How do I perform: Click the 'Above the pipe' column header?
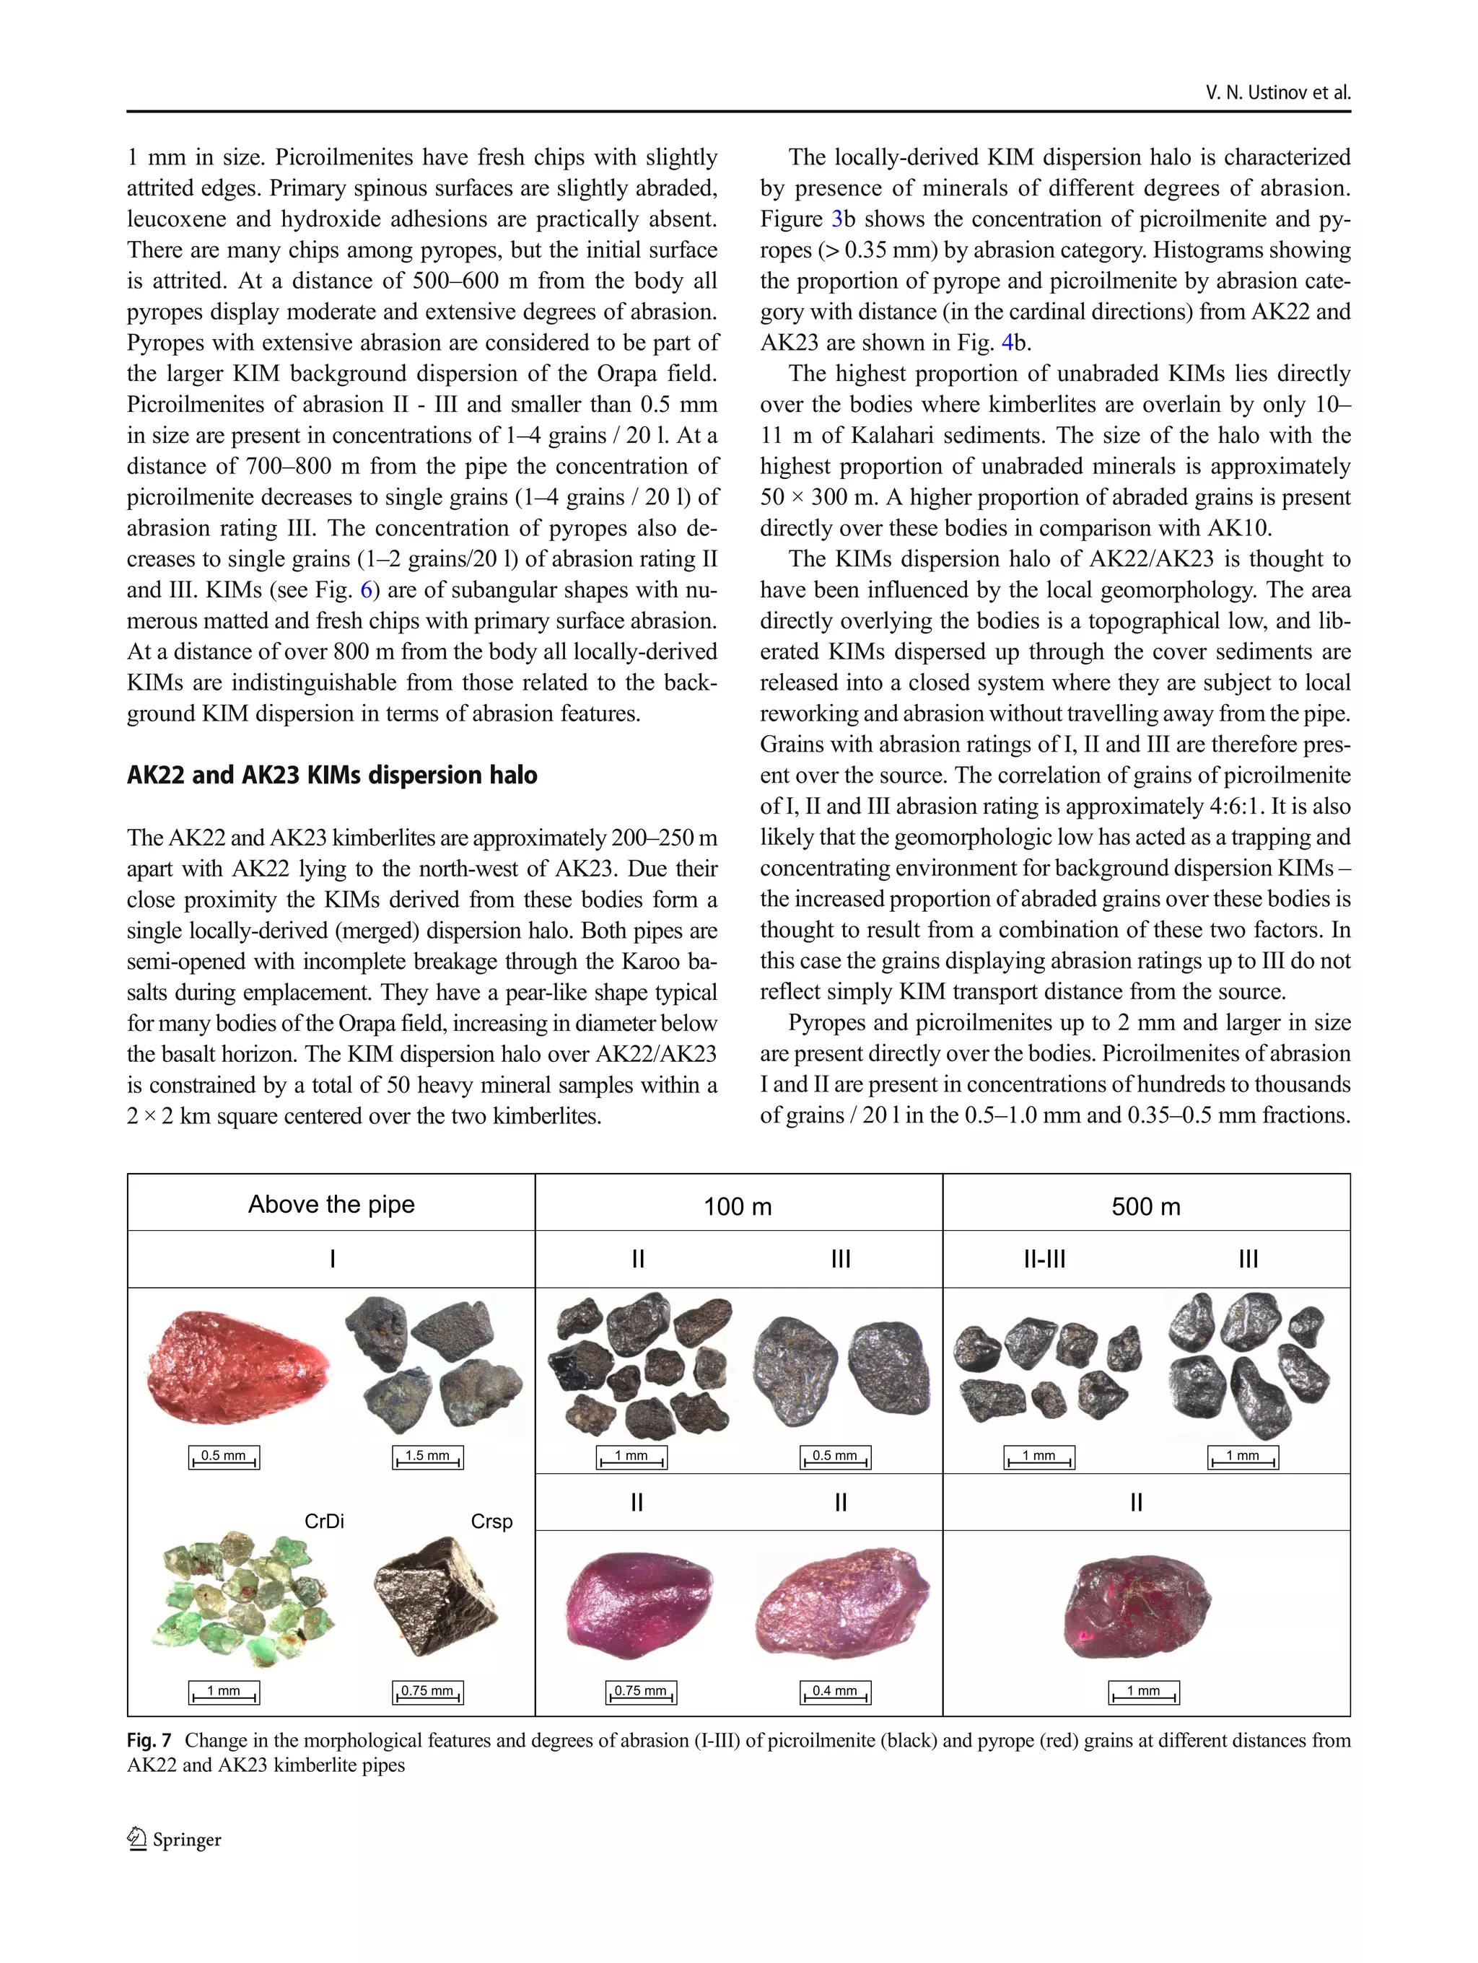[331, 1204]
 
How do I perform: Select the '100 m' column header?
[738, 1207]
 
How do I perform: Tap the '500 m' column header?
[1146, 1207]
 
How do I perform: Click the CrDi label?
[324, 1521]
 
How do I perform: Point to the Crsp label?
[491, 1521]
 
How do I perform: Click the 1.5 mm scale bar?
[428, 1457]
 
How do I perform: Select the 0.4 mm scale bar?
[835, 1692]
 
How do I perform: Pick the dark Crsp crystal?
[435, 1598]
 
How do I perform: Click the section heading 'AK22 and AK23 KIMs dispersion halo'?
[332, 776]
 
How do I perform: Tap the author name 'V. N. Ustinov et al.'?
[1277, 92]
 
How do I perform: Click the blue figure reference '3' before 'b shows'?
[837, 219]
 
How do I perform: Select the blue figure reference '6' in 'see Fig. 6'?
[366, 590]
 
